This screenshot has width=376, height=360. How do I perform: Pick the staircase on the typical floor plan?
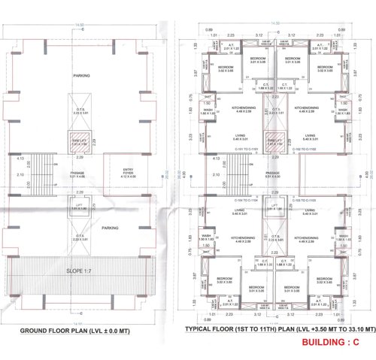(x=238, y=173)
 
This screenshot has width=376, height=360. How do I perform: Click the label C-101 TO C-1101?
(x=246, y=150)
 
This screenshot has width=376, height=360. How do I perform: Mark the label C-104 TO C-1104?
(x=246, y=201)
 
